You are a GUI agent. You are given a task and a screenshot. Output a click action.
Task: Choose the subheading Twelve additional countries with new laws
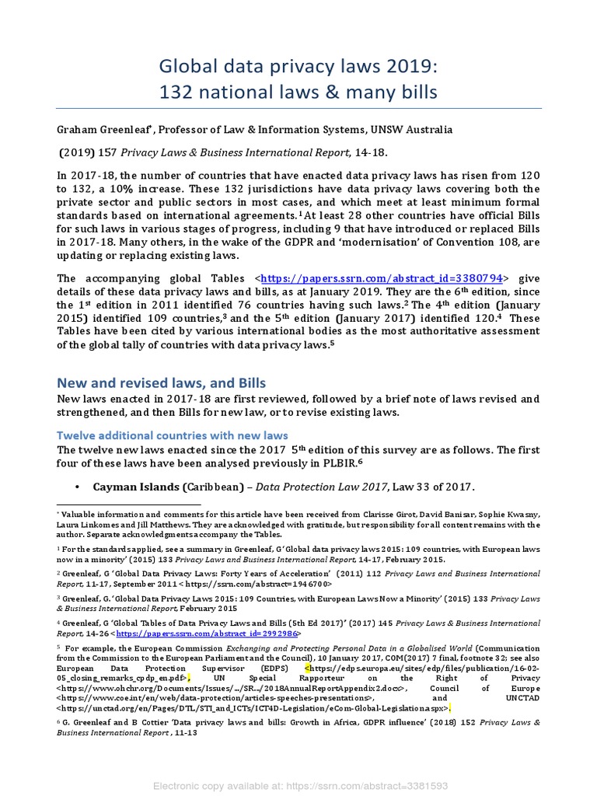173,435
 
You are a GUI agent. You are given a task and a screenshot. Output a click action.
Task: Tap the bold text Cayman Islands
137,487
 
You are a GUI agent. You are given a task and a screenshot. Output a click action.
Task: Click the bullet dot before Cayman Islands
77,487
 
